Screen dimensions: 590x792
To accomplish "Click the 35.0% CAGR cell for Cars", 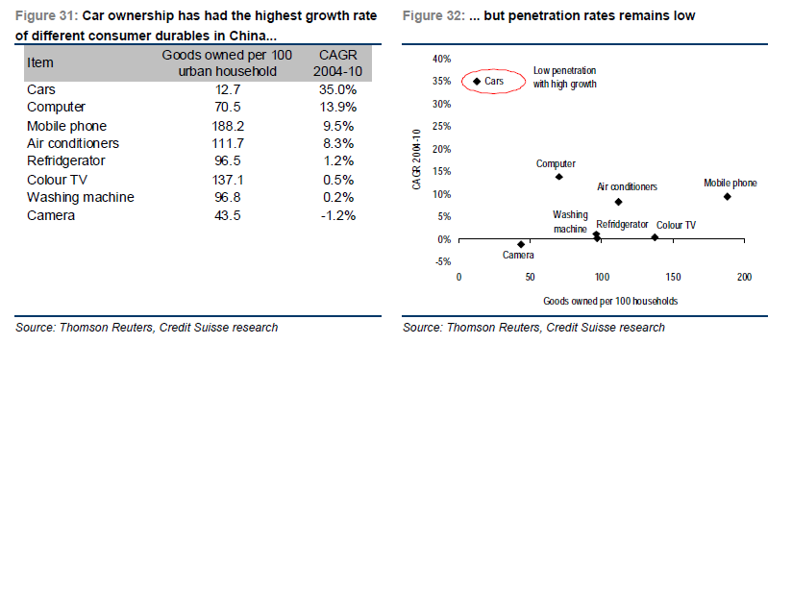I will pos(336,89).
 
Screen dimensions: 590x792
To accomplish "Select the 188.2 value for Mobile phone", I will pos(227,126).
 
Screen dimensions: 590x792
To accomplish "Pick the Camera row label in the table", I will pos(50,215).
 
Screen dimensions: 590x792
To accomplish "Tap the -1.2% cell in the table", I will pos(336,215).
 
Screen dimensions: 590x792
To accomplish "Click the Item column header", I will pos(40,62).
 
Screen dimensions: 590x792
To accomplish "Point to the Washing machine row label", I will pos(80,197).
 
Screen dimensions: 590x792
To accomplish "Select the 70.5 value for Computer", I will pos(227,108).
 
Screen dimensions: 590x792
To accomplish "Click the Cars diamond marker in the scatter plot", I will pos(477,82).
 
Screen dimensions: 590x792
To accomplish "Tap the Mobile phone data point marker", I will pos(728,197).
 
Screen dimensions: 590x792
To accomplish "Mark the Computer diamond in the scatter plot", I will pos(559,177).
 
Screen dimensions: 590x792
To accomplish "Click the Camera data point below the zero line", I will pos(521,244).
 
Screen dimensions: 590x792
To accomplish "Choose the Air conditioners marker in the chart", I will pos(618,202).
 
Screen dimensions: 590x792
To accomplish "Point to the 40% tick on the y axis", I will pos(441,59).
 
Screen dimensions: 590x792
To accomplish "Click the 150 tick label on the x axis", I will pos(673,277).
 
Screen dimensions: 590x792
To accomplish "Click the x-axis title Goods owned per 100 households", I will pos(609,301).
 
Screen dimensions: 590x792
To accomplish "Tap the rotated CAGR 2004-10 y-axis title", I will pos(417,159).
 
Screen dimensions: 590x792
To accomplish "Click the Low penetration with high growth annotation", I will pos(564,78).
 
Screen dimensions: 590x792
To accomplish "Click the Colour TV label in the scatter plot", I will pos(676,225).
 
